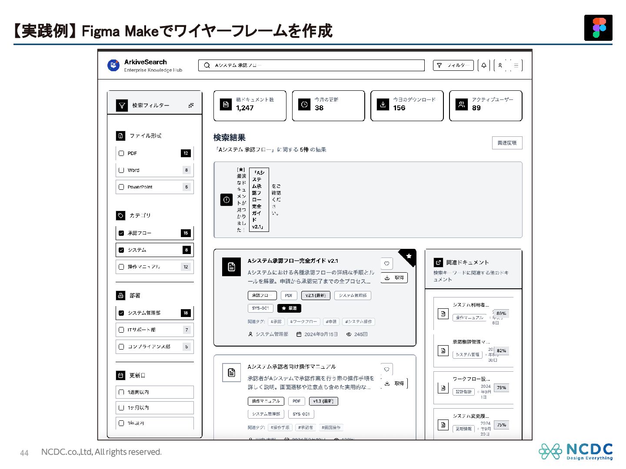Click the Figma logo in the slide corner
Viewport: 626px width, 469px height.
598,28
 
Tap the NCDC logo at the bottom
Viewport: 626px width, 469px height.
576,451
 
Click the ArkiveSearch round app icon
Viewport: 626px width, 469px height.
113,66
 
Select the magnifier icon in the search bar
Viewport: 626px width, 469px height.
207,66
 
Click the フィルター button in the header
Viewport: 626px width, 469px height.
453,66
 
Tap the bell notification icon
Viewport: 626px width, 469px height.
484,66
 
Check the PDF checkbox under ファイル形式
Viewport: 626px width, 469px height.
122,153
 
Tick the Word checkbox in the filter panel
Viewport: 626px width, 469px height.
122,170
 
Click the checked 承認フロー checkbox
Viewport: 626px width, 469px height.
122,233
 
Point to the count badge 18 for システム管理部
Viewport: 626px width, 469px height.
186,313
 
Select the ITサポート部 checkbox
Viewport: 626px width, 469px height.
122,330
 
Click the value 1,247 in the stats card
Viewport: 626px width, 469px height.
245,108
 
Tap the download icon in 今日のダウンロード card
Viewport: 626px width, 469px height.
383,105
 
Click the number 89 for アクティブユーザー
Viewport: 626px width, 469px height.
476,108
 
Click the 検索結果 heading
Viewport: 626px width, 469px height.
230,138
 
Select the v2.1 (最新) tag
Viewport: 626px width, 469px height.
316,296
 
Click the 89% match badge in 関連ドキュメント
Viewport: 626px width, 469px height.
501,314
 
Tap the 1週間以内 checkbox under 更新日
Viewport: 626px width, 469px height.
122,392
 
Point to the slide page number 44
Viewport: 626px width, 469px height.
24,453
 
